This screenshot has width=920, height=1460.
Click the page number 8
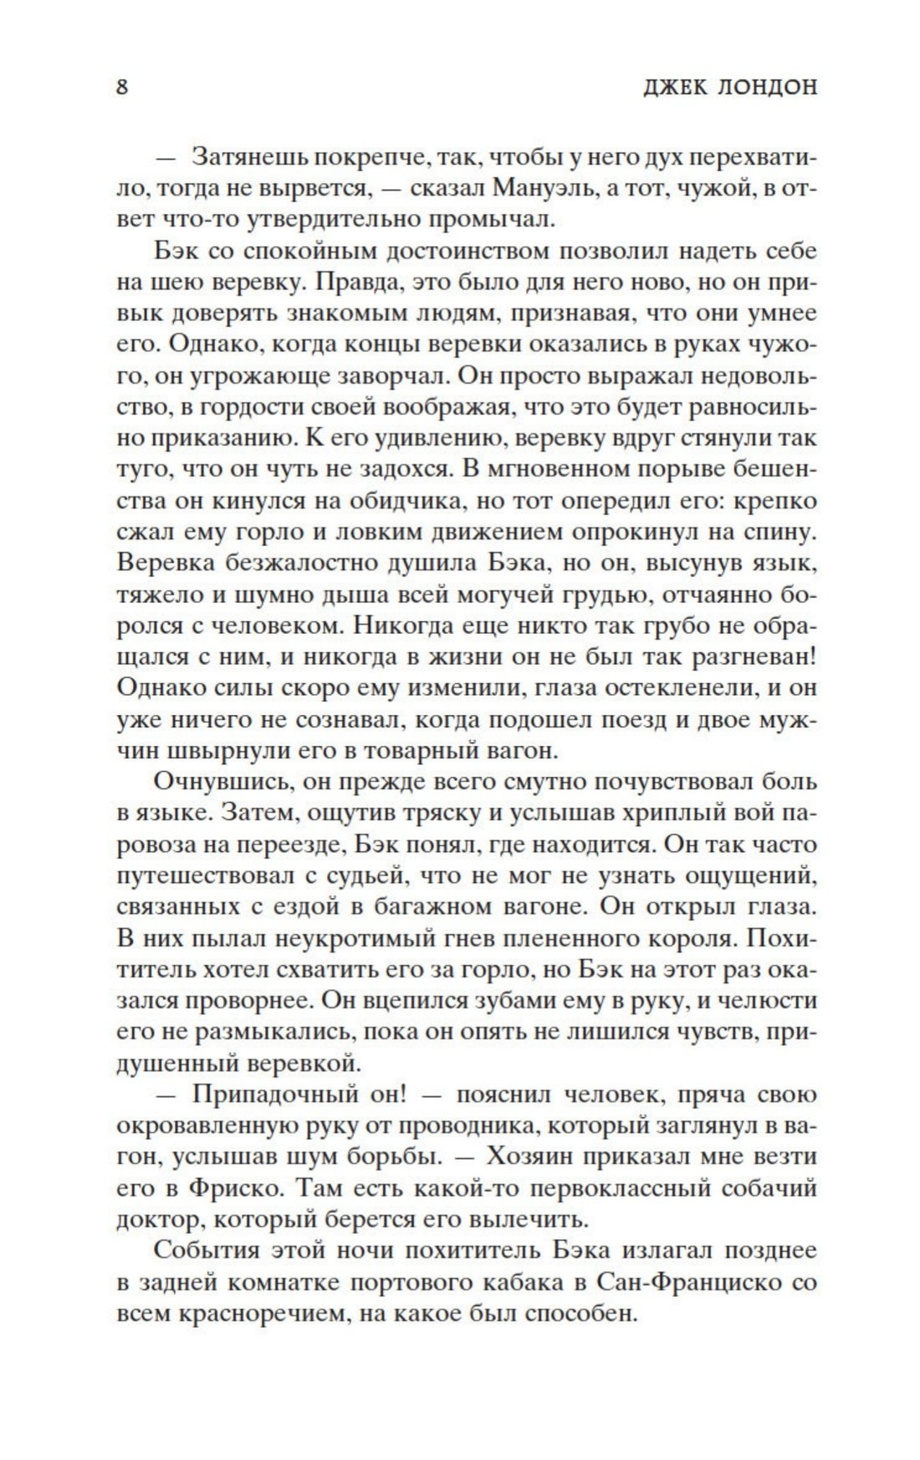122,87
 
